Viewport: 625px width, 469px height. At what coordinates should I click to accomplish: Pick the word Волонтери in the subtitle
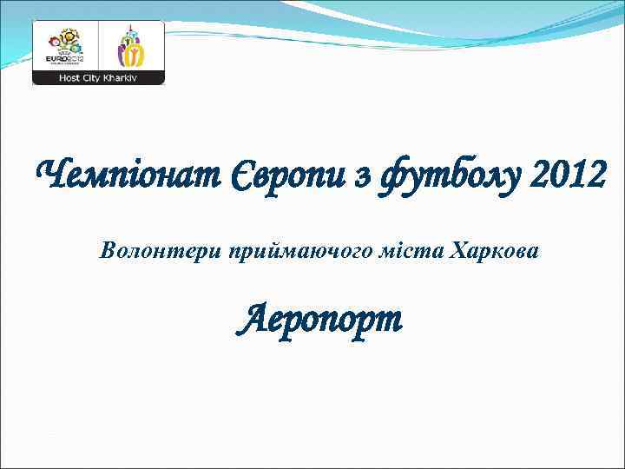(x=161, y=252)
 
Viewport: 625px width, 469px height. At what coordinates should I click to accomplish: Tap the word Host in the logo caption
(x=70, y=77)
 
